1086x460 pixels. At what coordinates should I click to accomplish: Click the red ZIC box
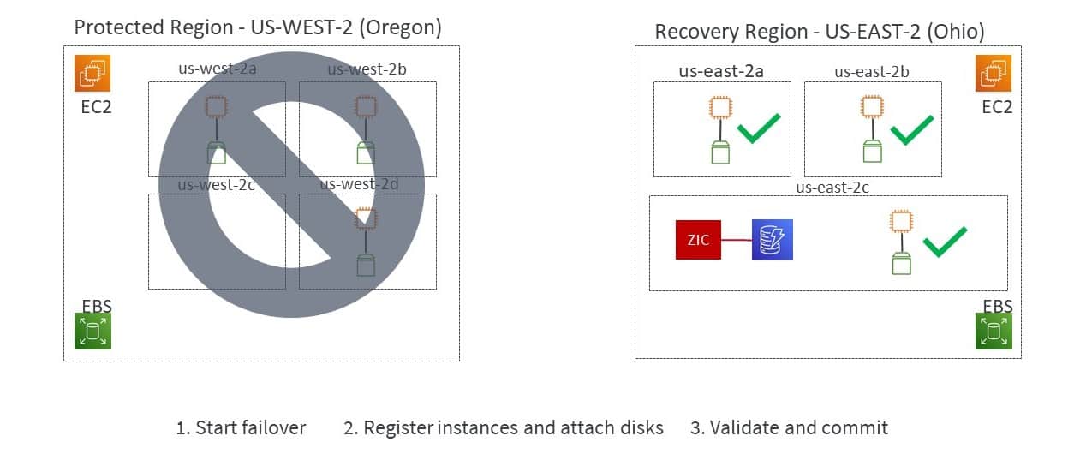pyautogui.click(x=698, y=239)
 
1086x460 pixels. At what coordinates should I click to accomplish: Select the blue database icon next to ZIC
pyautogui.click(x=773, y=239)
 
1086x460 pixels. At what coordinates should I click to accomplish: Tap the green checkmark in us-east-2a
pyautogui.click(x=758, y=128)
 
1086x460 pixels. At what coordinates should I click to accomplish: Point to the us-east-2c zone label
pyautogui.click(x=832, y=187)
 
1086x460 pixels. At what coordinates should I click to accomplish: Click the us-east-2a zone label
pyautogui.click(x=721, y=71)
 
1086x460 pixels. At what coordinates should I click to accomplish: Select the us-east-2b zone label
pyautogui.click(x=872, y=72)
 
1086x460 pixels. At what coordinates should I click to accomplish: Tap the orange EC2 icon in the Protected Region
pyautogui.click(x=92, y=73)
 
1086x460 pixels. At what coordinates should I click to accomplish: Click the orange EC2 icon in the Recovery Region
pyautogui.click(x=994, y=73)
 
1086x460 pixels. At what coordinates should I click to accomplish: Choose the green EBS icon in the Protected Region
pyautogui.click(x=92, y=331)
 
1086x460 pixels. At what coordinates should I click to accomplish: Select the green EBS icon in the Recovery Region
pyautogui.click(x=994, y=331)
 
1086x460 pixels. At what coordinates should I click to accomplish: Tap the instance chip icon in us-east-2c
pyautogui.click(x=900, y=221)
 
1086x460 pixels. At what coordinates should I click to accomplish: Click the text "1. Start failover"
pyautogui.click(x=241, y=427)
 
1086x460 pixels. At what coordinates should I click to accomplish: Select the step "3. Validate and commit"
pyautogui.click(x=789, y=427)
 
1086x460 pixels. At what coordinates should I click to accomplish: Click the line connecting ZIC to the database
pyautogui.click(x=736, y=239)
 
